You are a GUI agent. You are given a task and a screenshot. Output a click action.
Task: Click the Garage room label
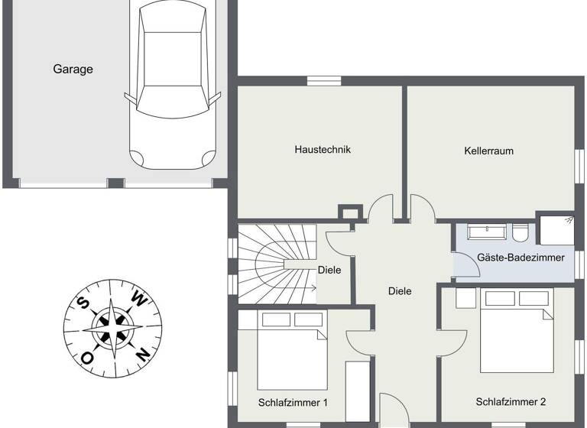click(x=73, y=70)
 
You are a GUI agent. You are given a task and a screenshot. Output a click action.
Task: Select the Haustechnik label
click(x=323, y=150)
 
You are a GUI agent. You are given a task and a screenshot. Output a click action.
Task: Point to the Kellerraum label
click(x=488, y=151)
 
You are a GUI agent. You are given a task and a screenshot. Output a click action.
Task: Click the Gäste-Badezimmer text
click(x=521, y=258)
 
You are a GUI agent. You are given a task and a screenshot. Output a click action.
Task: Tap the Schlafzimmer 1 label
click(x=293, y=402)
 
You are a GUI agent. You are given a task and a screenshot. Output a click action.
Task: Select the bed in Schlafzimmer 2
click(x=516, y=329)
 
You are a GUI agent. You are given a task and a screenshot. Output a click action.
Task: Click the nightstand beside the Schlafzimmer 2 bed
click(x=466, y=297)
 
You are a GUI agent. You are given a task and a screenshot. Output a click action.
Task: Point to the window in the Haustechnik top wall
click(x=324, y=79)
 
